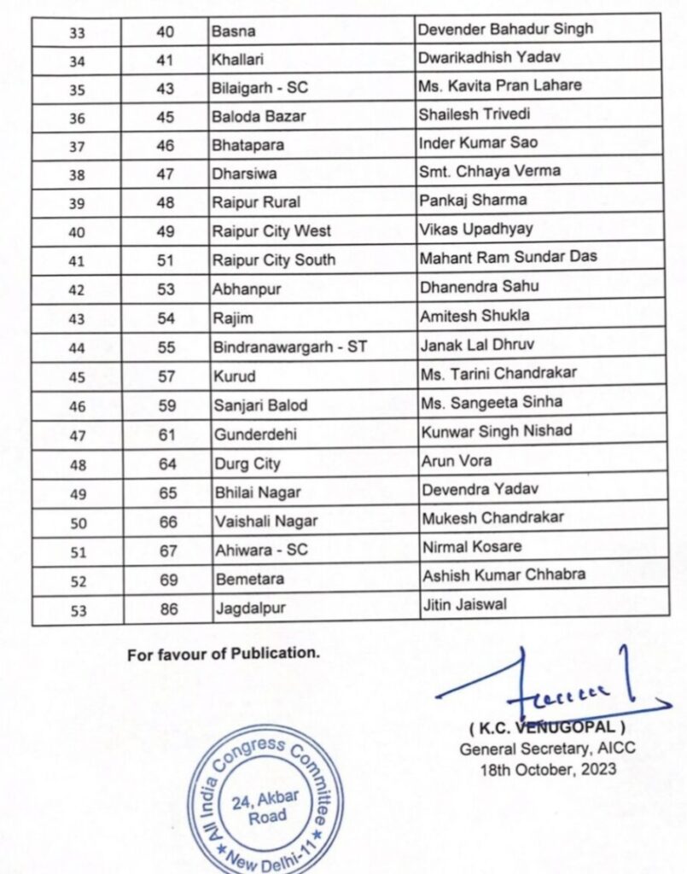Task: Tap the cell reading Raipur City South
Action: click(x=274, y=260)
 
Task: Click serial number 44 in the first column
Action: click(x=76, y=348)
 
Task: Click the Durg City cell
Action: click(x=247, y=464)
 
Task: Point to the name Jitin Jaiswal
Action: click(x=463, y=605)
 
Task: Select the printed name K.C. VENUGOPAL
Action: click(x=547, y=729)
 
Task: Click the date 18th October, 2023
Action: click(x=547, y=767)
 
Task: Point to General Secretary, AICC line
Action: click(x=547, y=749)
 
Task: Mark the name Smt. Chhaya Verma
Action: click(x=489, y=171)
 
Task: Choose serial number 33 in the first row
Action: click(x=76, y=32)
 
